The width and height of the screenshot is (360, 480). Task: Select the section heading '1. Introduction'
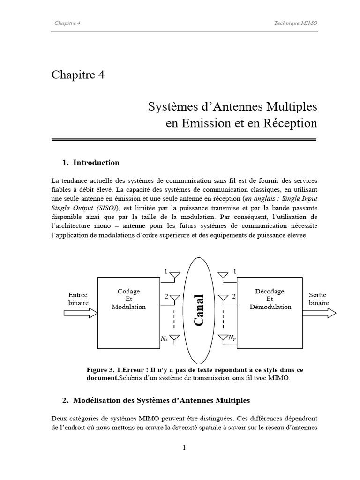point(91,163)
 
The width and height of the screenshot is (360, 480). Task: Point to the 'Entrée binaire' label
point(78,299)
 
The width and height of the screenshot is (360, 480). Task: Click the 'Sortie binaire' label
point(319,299)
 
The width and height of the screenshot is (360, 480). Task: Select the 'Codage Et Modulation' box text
point(128,299)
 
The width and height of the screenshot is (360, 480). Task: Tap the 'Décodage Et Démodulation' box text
point(270,299)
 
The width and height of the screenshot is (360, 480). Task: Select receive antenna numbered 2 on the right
point(223,298)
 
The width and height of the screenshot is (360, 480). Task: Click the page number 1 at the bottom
point(184,447)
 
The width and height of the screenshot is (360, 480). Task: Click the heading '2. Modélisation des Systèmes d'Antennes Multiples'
point(156,400)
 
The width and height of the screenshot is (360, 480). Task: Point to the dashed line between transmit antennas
point(174,319)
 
